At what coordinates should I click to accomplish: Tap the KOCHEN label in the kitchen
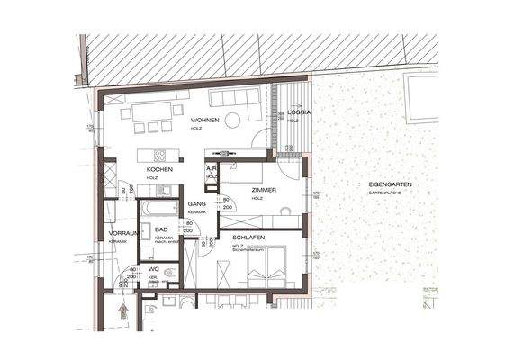tap(159, 169)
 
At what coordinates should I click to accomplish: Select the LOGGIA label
tap(299, 112)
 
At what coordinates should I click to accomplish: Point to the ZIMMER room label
tap(263, 191)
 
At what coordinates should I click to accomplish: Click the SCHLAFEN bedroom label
tap(247, 236)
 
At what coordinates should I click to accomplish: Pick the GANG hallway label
tap(197, 205)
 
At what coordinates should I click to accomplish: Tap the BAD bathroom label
tap(160, 230)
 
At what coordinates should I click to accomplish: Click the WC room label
tap(154, 268)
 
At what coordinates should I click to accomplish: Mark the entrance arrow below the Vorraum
tap(121, 311)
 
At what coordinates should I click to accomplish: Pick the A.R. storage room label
tap(210, 168)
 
